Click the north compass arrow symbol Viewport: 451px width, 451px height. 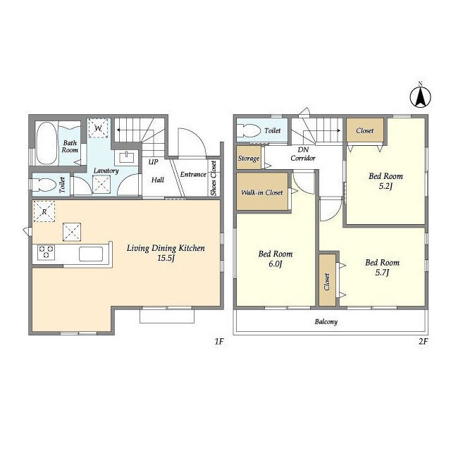420,97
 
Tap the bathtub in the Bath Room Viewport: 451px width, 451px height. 47,144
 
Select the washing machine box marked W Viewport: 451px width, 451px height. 98,128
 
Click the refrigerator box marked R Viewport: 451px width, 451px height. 44,211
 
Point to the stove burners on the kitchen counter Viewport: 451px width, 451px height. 46,252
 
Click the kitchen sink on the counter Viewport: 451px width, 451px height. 91,254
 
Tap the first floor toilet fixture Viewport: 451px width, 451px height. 44,185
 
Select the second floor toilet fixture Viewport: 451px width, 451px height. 248,130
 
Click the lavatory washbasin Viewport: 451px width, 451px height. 126,157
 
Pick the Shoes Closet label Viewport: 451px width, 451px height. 214,178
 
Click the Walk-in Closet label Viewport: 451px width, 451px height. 262,192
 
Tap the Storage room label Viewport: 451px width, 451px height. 249,159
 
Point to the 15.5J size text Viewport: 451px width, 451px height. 166,258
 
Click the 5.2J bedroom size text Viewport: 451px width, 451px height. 385,186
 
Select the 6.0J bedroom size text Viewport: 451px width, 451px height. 276,264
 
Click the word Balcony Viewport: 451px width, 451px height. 326,321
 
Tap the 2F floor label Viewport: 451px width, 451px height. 424,341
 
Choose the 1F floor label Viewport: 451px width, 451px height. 219,341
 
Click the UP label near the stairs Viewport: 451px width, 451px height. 154,162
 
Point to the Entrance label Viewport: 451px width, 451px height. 193,174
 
